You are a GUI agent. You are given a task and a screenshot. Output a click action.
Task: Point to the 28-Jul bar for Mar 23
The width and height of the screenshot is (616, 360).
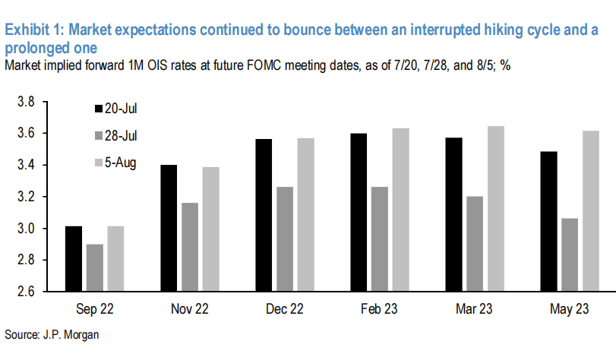(474, 243)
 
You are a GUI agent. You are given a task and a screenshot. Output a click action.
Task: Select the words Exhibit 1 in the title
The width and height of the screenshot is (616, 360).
(36, 30)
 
